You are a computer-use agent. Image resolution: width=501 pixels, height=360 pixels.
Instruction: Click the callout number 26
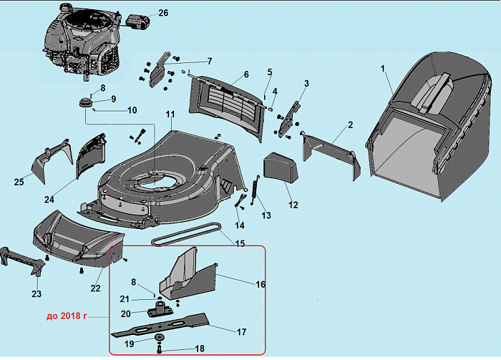coord(163,13)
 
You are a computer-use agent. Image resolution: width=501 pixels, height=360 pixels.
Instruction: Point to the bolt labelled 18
coord(160,349)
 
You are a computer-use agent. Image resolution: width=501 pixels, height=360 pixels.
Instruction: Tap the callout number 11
coord(170,115)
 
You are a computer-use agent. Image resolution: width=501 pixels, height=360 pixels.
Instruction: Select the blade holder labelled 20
coord(160,312)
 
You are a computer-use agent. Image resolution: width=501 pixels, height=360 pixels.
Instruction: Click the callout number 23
coord(36,294)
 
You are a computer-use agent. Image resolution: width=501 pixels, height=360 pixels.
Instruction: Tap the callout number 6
coord(245,74)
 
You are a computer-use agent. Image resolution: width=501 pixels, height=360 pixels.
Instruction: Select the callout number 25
coord(19,182)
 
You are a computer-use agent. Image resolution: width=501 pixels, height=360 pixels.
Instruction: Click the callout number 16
coord(261,284)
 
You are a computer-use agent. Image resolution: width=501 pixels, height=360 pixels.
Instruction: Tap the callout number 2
coord(351,125)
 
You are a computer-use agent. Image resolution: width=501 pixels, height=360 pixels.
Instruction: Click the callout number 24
coord(49,199)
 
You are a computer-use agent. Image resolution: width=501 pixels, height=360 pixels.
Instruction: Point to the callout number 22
coord(95,288)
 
